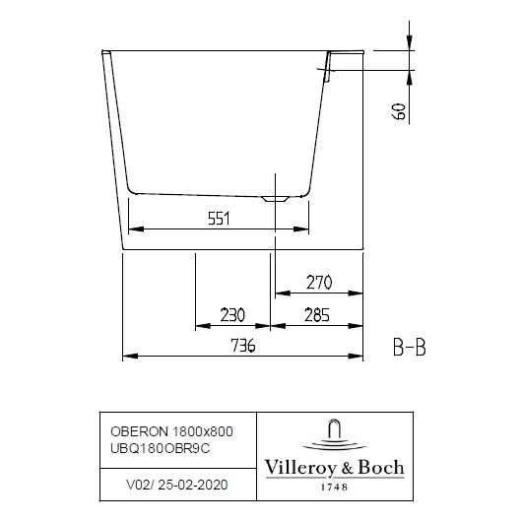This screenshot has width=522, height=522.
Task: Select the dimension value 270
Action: (318, 283)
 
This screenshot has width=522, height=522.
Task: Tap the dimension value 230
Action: (231, 315)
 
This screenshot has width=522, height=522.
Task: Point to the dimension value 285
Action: (316, 315)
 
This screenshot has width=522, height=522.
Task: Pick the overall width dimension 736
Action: (242, 346)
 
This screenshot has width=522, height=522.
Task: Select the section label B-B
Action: (409, 347)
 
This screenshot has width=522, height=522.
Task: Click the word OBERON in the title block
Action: (136, 429)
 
